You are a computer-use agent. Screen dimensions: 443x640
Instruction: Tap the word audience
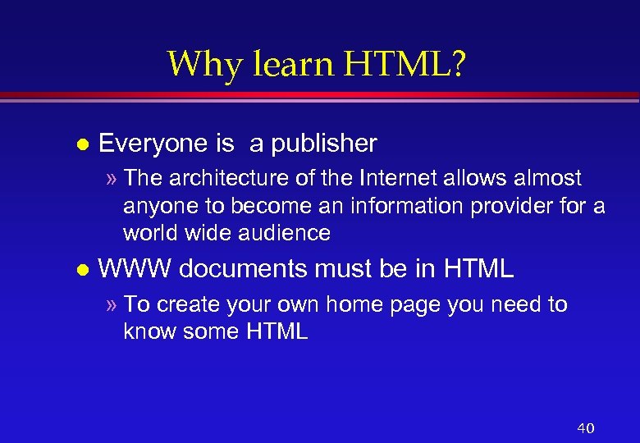click(283, 233)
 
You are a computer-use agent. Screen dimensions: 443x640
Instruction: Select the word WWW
click(135, 267)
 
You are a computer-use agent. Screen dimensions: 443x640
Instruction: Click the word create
click(186, 304)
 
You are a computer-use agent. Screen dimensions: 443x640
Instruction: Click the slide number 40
click(585, 427)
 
